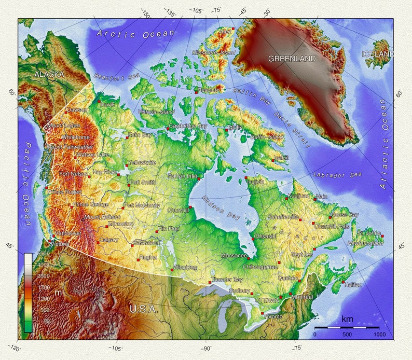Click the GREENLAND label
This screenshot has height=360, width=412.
click(x=292, y=59)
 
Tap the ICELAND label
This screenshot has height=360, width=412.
click(x=378, y=54)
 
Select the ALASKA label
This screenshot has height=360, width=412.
click(x=49, y=74)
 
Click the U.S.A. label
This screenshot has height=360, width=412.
click(x=143, y=309)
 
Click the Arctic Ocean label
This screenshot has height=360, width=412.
click(x=136, y=34)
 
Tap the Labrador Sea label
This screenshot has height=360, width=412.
click(x=337, y=175)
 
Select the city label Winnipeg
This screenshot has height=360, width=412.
click(x=185, y=267)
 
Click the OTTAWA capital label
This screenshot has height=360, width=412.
click(x=267, y=300)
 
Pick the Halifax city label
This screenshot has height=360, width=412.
click(x=353, y=285)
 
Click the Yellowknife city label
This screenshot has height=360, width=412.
click(x=142, y=162)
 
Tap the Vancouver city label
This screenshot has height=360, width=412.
click(x=67, y=233)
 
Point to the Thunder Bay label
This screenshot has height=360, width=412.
click(x=227, y=280)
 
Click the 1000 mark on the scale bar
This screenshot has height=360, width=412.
click(x=379, y=335)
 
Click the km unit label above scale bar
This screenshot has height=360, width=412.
click(x=347, y=320)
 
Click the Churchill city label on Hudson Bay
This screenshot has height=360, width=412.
click(x=177, y=210)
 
